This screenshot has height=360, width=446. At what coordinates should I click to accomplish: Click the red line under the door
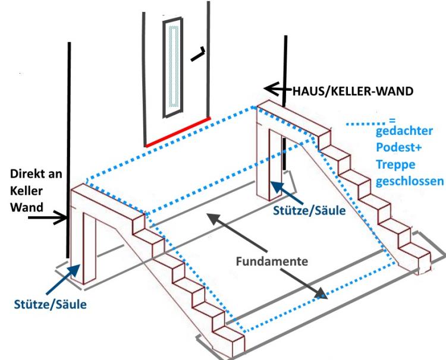click(x=177, y=132)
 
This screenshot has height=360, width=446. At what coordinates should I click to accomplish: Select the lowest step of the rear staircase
click(x=416, y=260)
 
